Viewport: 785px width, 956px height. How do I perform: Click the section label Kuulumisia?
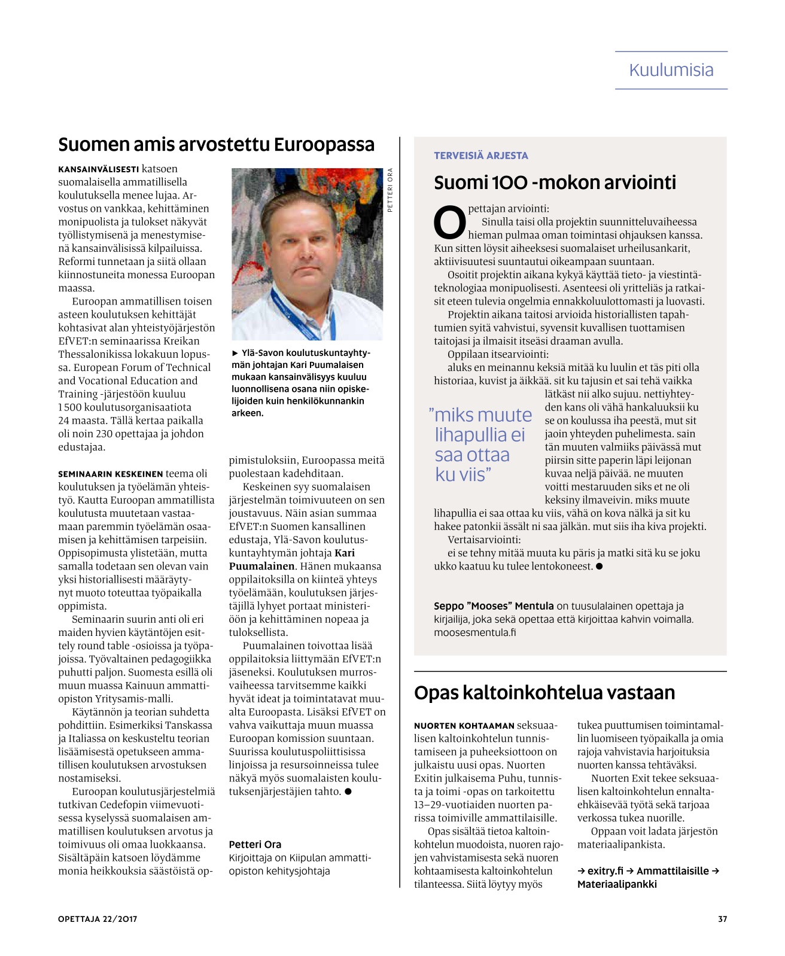pos(671,71)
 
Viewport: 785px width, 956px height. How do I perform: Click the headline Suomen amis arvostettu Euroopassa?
pos(216,145)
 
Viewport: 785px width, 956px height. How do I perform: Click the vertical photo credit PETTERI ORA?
pos(390,190)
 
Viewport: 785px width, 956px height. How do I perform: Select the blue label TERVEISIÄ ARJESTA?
pos(480,156)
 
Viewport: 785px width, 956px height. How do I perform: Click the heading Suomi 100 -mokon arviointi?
pos(555,182)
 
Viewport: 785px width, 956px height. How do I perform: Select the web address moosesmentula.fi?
pos(474,632)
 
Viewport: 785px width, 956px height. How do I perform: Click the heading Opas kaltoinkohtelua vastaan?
pos(544,693)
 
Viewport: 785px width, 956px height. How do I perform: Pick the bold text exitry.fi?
pos(605,871)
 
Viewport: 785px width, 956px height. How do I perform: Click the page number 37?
pos(722,919)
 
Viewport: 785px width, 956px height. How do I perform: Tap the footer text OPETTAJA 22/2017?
pos(98,919)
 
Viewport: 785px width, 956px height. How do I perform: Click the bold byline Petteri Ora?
pos(255,844)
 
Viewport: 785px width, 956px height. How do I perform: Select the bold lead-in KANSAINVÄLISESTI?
pos(99,169)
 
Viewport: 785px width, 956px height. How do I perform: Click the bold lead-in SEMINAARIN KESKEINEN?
pos(111,474)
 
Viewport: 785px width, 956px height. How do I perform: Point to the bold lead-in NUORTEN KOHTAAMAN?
pos(464,726)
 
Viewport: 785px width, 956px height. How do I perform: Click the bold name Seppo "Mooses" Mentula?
pos(494,606)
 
